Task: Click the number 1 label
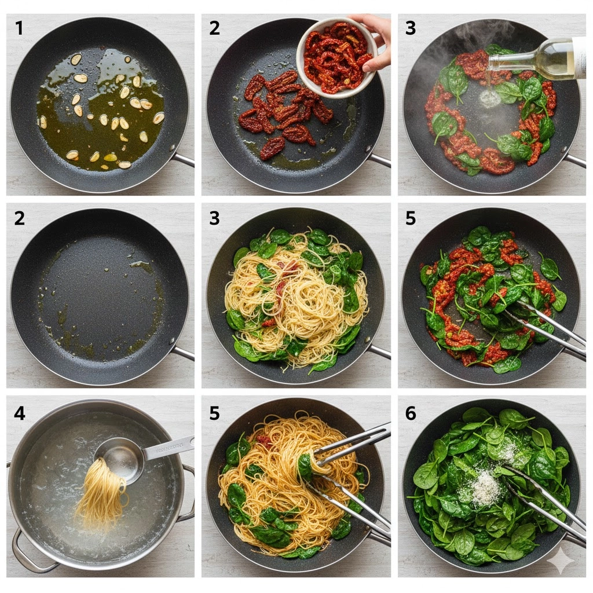click(x=19, y=28)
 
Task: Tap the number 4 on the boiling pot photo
click(x=20, y=413)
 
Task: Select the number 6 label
click(x=411, y=413)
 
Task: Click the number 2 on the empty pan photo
click(x=19, y=218)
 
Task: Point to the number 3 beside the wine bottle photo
click(x=411, y=28)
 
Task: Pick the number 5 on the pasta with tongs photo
click(x=214, y=413)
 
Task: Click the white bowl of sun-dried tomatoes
click(x=336, y=57)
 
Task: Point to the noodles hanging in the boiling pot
click(x=101, y=492)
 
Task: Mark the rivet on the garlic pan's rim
click(x=173, y=148)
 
